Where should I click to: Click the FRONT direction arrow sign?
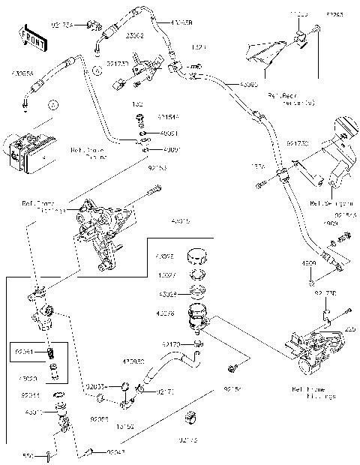pyautogui.click(x=31, y=37)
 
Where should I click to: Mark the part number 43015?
pyautogui.click(x=181, y=221)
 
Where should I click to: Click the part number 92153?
pyautogui.click(x=156, y=169)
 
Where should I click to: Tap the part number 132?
pyautogui.click(x=139, y=104)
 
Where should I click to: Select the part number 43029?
pyautogui.click(x=166, y=293)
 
